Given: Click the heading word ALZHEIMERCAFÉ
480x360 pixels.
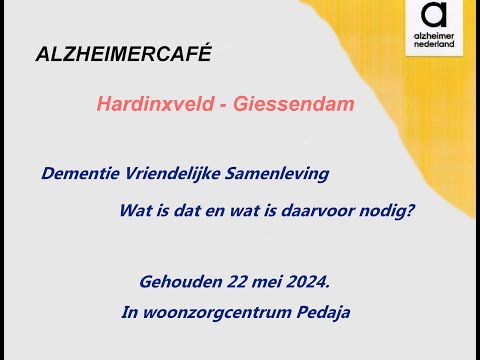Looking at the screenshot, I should tap(124, 54).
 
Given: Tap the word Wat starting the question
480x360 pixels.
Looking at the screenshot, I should tap(134, 211).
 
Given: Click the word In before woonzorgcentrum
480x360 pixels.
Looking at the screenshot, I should tap(130, 313).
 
